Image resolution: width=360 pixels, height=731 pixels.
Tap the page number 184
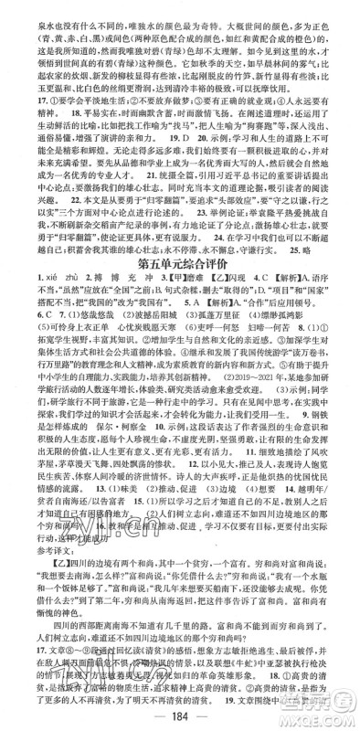click(x=180, y=714)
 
